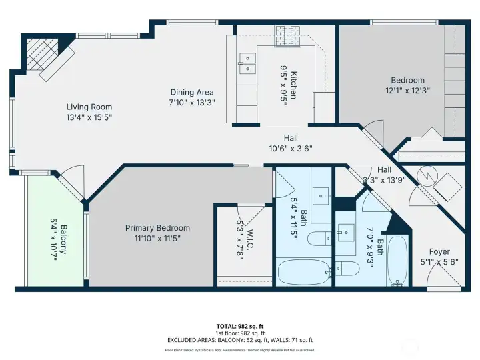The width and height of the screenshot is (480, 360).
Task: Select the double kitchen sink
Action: (x=246, y=63)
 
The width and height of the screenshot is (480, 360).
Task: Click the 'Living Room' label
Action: (x=89, y=107)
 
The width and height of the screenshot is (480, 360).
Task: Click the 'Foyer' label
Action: (x=439, y=251)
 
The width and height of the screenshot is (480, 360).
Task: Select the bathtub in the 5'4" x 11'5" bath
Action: (x=301, y=272)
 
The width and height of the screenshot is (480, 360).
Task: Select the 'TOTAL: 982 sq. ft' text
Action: (x=240, y=327)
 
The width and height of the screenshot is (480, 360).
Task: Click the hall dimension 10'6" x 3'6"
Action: (x=291, y=148)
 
